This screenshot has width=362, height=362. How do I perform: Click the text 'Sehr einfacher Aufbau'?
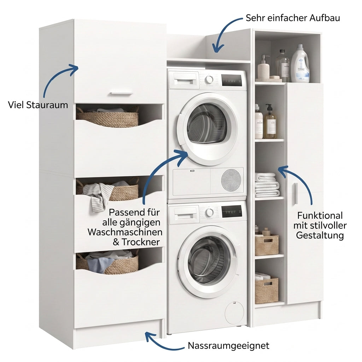293,18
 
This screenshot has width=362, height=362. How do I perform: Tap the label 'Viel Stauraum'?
38,105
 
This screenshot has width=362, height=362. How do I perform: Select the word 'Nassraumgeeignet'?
229,346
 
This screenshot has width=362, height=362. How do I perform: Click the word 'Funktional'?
320,216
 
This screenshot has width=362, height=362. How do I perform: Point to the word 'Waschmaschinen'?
125,232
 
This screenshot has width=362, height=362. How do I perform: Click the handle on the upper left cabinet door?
121,94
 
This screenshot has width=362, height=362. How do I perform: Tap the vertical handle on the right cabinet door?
296,193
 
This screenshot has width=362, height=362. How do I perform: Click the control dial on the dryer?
209,80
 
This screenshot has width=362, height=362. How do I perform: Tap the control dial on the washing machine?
209,212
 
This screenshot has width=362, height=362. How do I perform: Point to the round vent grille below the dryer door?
231,180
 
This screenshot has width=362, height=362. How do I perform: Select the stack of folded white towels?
267,185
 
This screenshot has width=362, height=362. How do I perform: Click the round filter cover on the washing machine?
234,313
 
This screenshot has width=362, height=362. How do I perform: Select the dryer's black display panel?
232,80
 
